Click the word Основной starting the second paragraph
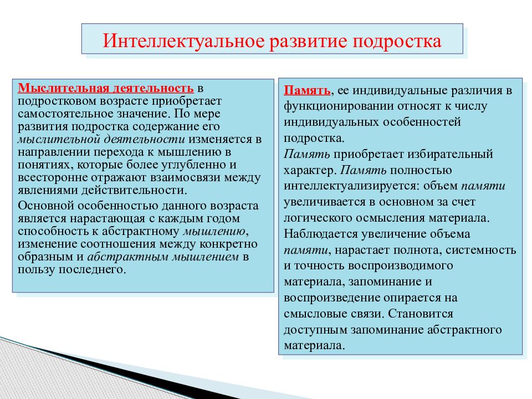click(43, 206)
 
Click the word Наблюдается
click(321, 234)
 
